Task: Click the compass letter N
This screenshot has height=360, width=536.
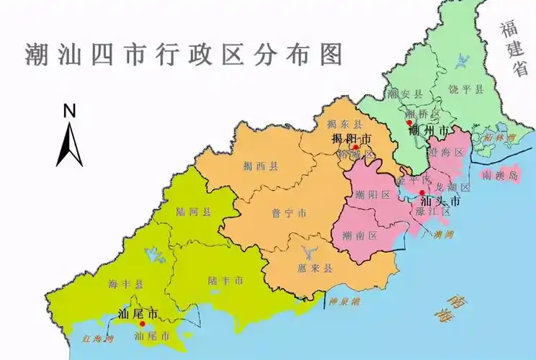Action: pyautogui.click(x=70, y=110)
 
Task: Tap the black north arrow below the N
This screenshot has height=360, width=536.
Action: pyautogui.click(x=69, y=144)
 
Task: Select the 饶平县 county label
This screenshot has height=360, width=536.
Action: pyautogui.click(x=469, y=89)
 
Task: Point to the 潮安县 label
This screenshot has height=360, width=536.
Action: pyautogui.click(x=402, y=94)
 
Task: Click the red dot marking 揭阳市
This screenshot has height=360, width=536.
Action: pyautogui.click(x=355, y=148)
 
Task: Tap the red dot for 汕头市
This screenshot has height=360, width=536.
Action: pyautogui.click(x=422, y=193)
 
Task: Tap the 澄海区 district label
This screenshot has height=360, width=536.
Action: pyautogui.click(x=444, y=152)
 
